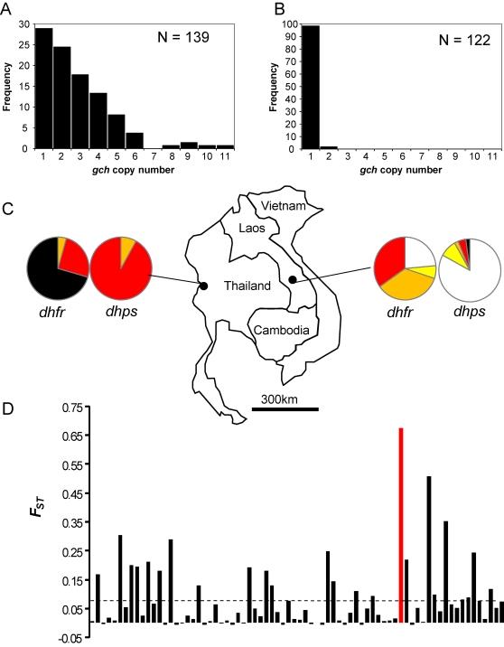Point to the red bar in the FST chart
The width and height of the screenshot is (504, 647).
click(401, 524)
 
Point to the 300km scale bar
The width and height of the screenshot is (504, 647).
click(285, 408)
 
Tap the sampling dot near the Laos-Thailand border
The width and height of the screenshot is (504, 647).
click(293, 255)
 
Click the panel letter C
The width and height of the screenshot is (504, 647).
click(8, 209)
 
